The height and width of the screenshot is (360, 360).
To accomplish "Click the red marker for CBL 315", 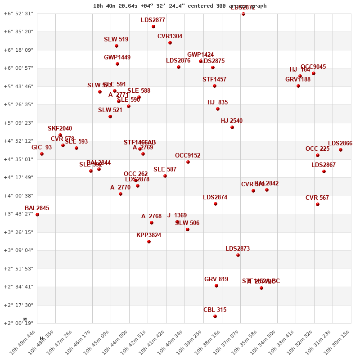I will [215, 316].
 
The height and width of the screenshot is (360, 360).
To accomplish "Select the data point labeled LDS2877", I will [153, 27].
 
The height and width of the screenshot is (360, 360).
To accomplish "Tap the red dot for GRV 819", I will [216, 286].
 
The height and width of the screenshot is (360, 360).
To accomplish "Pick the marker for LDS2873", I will [238, 255].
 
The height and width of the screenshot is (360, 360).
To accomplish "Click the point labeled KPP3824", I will [149, 242].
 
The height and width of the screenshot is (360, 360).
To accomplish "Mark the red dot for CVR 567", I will [318, 204].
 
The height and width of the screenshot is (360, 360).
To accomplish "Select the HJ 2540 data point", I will [232, 127].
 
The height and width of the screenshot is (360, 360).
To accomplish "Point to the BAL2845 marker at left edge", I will [37, 215].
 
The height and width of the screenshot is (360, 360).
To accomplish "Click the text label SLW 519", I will [116, 40].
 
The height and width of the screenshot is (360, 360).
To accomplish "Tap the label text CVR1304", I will [170, 36].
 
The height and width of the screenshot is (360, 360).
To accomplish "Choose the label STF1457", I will [214, 80].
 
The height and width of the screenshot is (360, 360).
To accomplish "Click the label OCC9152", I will [188, 156].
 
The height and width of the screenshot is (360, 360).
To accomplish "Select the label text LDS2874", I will [215, 198].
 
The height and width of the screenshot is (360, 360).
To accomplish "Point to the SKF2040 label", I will [60, 129].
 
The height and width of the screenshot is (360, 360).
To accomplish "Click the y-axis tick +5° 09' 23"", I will [18, 123].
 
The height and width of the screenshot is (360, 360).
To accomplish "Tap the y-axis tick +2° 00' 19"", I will [18, 323].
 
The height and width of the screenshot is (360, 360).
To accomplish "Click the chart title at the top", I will [180, 6].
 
